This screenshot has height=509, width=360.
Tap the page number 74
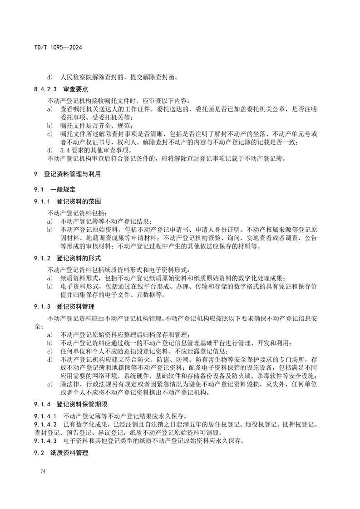click(43, 472)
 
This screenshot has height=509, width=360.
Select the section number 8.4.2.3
click(45, 89)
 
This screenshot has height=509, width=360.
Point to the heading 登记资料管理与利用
click(72, 174)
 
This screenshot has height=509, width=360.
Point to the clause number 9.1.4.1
click(45, 416)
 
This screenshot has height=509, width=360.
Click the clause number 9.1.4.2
click(45, 425)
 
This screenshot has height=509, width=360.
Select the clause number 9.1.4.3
click(45, 440)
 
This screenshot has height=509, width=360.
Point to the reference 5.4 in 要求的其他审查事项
click(65, 150)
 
